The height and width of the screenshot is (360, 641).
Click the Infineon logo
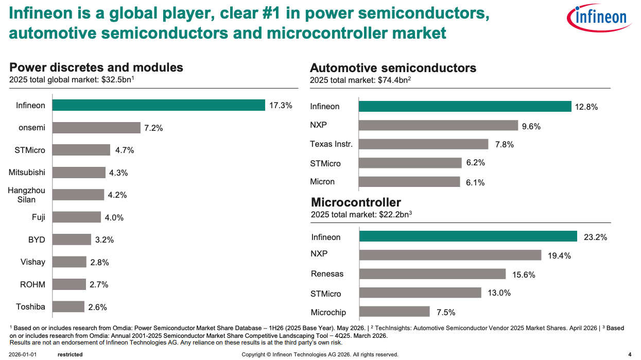tap(599, 18)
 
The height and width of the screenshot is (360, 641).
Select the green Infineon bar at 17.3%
tap(159, 105)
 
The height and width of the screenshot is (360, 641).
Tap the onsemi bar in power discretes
tap(96, 128)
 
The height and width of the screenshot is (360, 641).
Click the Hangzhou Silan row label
tap(26, 195)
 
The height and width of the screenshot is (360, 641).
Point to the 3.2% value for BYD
tap(105, 240)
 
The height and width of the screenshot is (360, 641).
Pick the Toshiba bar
tap(68, 306)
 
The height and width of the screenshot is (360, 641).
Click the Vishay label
tap(32, 262)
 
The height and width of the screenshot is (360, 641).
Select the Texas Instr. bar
tap(424, 144)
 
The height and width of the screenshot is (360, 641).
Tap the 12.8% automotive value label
tap(586, 107)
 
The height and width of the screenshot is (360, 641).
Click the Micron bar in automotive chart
tap(409, 182)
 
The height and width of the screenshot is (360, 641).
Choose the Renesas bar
tap(432, 274)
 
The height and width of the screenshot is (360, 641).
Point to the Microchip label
tap(328, 312)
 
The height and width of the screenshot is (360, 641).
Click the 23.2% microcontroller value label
tap(595, 237)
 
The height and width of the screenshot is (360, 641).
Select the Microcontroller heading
tap(356, 202)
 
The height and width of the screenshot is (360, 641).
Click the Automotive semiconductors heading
tap(393, 68)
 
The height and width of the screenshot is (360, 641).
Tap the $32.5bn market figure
tap(117, 79)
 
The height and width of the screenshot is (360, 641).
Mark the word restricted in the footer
tap(70, 354)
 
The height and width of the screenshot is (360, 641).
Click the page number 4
tap(630, 354)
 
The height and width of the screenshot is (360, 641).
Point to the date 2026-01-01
tap(23, 354)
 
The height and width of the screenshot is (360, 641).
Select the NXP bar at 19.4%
tap(451, 255)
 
